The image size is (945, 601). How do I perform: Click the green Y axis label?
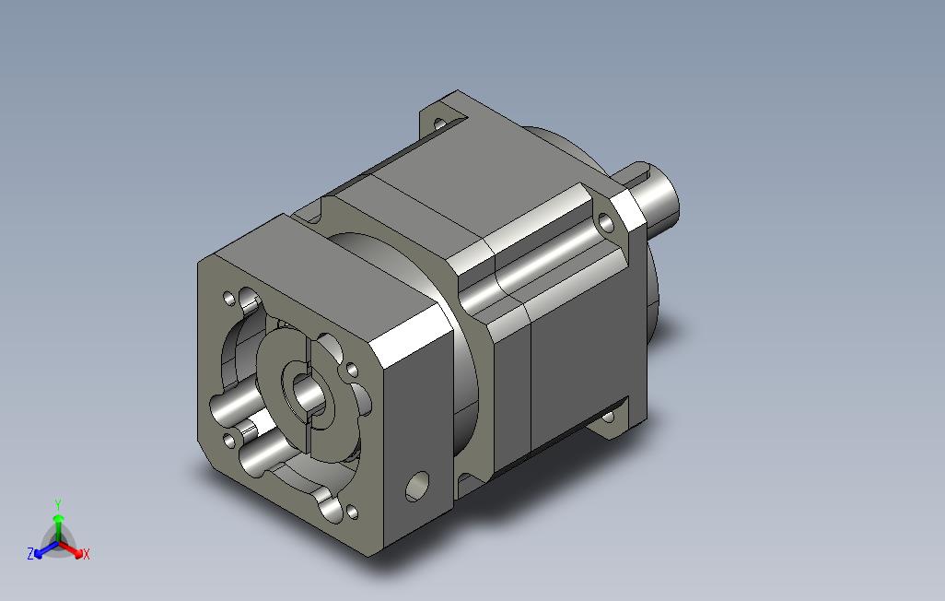(x=58, y=504)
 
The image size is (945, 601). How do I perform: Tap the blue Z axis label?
(x=30, y=553)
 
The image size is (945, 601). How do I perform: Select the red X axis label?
(x=87, y=554)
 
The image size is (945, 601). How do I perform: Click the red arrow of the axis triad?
(x=71, y=549)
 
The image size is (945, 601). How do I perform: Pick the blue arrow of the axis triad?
(x=46, y=549)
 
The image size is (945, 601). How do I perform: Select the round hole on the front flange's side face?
(x=417, y=486)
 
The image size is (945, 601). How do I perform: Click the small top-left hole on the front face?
(x=229, y=298)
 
